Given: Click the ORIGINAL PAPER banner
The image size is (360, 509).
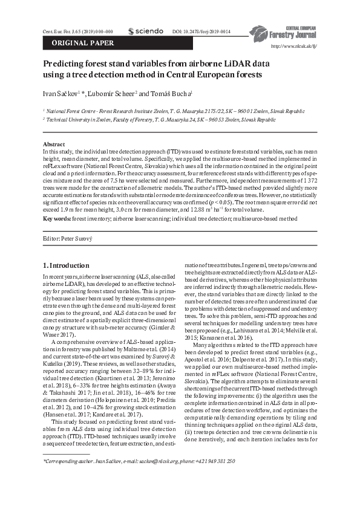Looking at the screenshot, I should coord(76,43).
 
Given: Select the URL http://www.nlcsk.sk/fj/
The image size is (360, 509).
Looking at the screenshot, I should coord(294,46).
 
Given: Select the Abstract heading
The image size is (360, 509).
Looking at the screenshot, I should coord(53,144).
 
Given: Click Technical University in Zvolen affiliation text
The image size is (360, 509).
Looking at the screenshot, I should coord(79,120).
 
